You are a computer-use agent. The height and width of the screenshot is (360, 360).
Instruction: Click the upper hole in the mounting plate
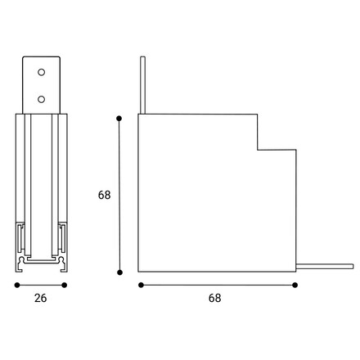(x=41, y=72)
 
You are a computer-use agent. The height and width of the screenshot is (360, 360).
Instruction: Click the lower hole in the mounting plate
(x=41, y=99)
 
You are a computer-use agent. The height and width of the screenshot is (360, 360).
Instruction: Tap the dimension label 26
(x=40, y=298)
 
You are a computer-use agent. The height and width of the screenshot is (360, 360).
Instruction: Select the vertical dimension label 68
(x=104, y=195)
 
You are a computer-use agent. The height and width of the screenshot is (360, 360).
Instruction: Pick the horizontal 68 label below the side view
(x=214, y=298)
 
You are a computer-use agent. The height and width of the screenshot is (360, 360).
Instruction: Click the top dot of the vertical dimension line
(x=119, y=119)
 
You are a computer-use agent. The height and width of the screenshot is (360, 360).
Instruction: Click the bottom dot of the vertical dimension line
(x=119, y=272)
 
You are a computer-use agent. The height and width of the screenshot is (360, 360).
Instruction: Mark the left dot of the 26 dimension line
(x=17, y=285)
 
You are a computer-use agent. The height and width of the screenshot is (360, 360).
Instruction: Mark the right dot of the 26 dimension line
(x=65, y=285)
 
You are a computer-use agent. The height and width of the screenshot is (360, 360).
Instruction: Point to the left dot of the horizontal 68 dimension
(x=141, y=285)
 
